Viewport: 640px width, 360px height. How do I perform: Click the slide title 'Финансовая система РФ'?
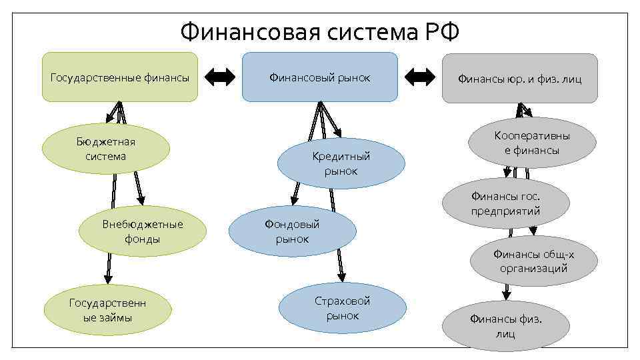tap(320, 31)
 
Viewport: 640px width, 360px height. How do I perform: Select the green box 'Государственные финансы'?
tap(120, 77)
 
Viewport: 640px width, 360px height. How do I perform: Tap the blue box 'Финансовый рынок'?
tap(319, 77)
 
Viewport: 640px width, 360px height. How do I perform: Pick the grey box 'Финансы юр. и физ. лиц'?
tap(519, 79)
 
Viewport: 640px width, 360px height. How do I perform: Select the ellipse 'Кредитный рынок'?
tap(341, 163)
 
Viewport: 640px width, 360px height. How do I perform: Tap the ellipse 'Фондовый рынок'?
tap(292, 231)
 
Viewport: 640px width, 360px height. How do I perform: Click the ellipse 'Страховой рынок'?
tap(342, 308)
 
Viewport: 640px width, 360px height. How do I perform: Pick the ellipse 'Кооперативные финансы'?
tap(531, 143)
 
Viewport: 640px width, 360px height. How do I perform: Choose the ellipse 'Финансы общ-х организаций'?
tap(533, 261)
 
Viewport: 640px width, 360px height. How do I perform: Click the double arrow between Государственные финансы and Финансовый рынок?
tap(220, 77)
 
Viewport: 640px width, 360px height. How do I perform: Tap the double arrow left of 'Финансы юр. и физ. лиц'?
tap(420, 77)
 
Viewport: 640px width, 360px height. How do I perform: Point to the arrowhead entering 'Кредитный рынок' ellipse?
tap(339, 132)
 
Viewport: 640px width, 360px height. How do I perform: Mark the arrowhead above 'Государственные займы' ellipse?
tap(106, 279)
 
